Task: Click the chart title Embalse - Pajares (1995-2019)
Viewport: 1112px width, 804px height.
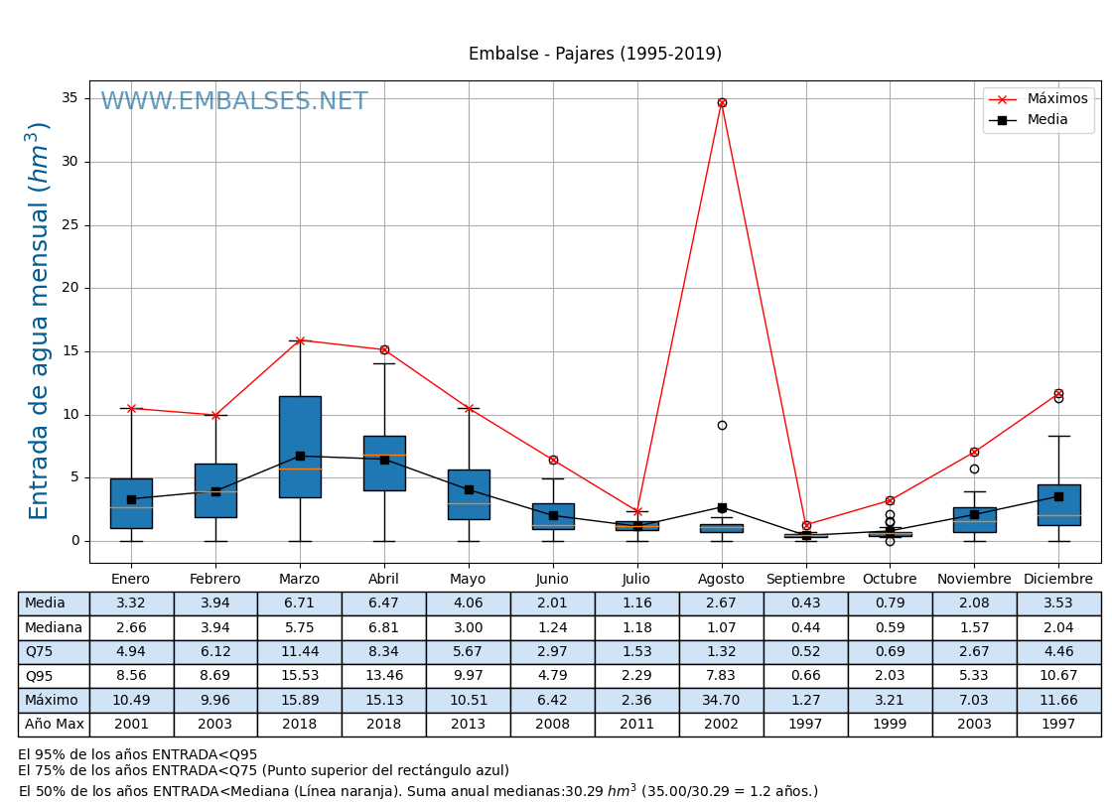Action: pyautogui.click(x=595, y=55)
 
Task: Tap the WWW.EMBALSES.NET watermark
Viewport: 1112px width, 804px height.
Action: pyautogui.click(x=234, y=102)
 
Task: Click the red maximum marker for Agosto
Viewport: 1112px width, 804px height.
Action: pyautogui.click(x=722, y=102)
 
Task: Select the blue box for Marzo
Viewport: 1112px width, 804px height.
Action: pyautogui.click(x=300, y=447)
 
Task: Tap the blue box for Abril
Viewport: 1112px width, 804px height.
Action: pyautogui.click(x=384, y=464)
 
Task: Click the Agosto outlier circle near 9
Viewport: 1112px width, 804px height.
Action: pyautogui.click(x=722, y=425)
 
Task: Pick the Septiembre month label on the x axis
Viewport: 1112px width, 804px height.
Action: pyautogui.click(x=805, y=580)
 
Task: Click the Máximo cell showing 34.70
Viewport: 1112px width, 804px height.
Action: pyautogui.click(x=721, y=701)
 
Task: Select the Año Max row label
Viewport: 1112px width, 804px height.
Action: pyautogui.click(x=54, y=725)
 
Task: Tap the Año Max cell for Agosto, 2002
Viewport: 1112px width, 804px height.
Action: pyautogui.click(x=721, y=725)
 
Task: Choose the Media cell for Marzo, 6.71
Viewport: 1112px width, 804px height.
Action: pyautogui.click(x=299, y=603)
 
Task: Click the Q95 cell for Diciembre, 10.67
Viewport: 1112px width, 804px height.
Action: pyautogui.click(x=1058, y=676)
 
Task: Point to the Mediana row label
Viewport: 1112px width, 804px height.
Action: pyautogui.click(x=54, y=627)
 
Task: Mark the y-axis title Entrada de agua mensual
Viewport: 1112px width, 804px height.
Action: pyautogui.click(x=39, y=321)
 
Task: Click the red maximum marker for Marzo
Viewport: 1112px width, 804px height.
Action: pyautogui.click(x=300, y=340)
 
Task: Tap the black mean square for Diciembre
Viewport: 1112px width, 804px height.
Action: pyautogui.click(x=1058, y=496)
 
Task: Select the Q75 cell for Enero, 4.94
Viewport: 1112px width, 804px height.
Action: pyautogui.click(x=131, y=652)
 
